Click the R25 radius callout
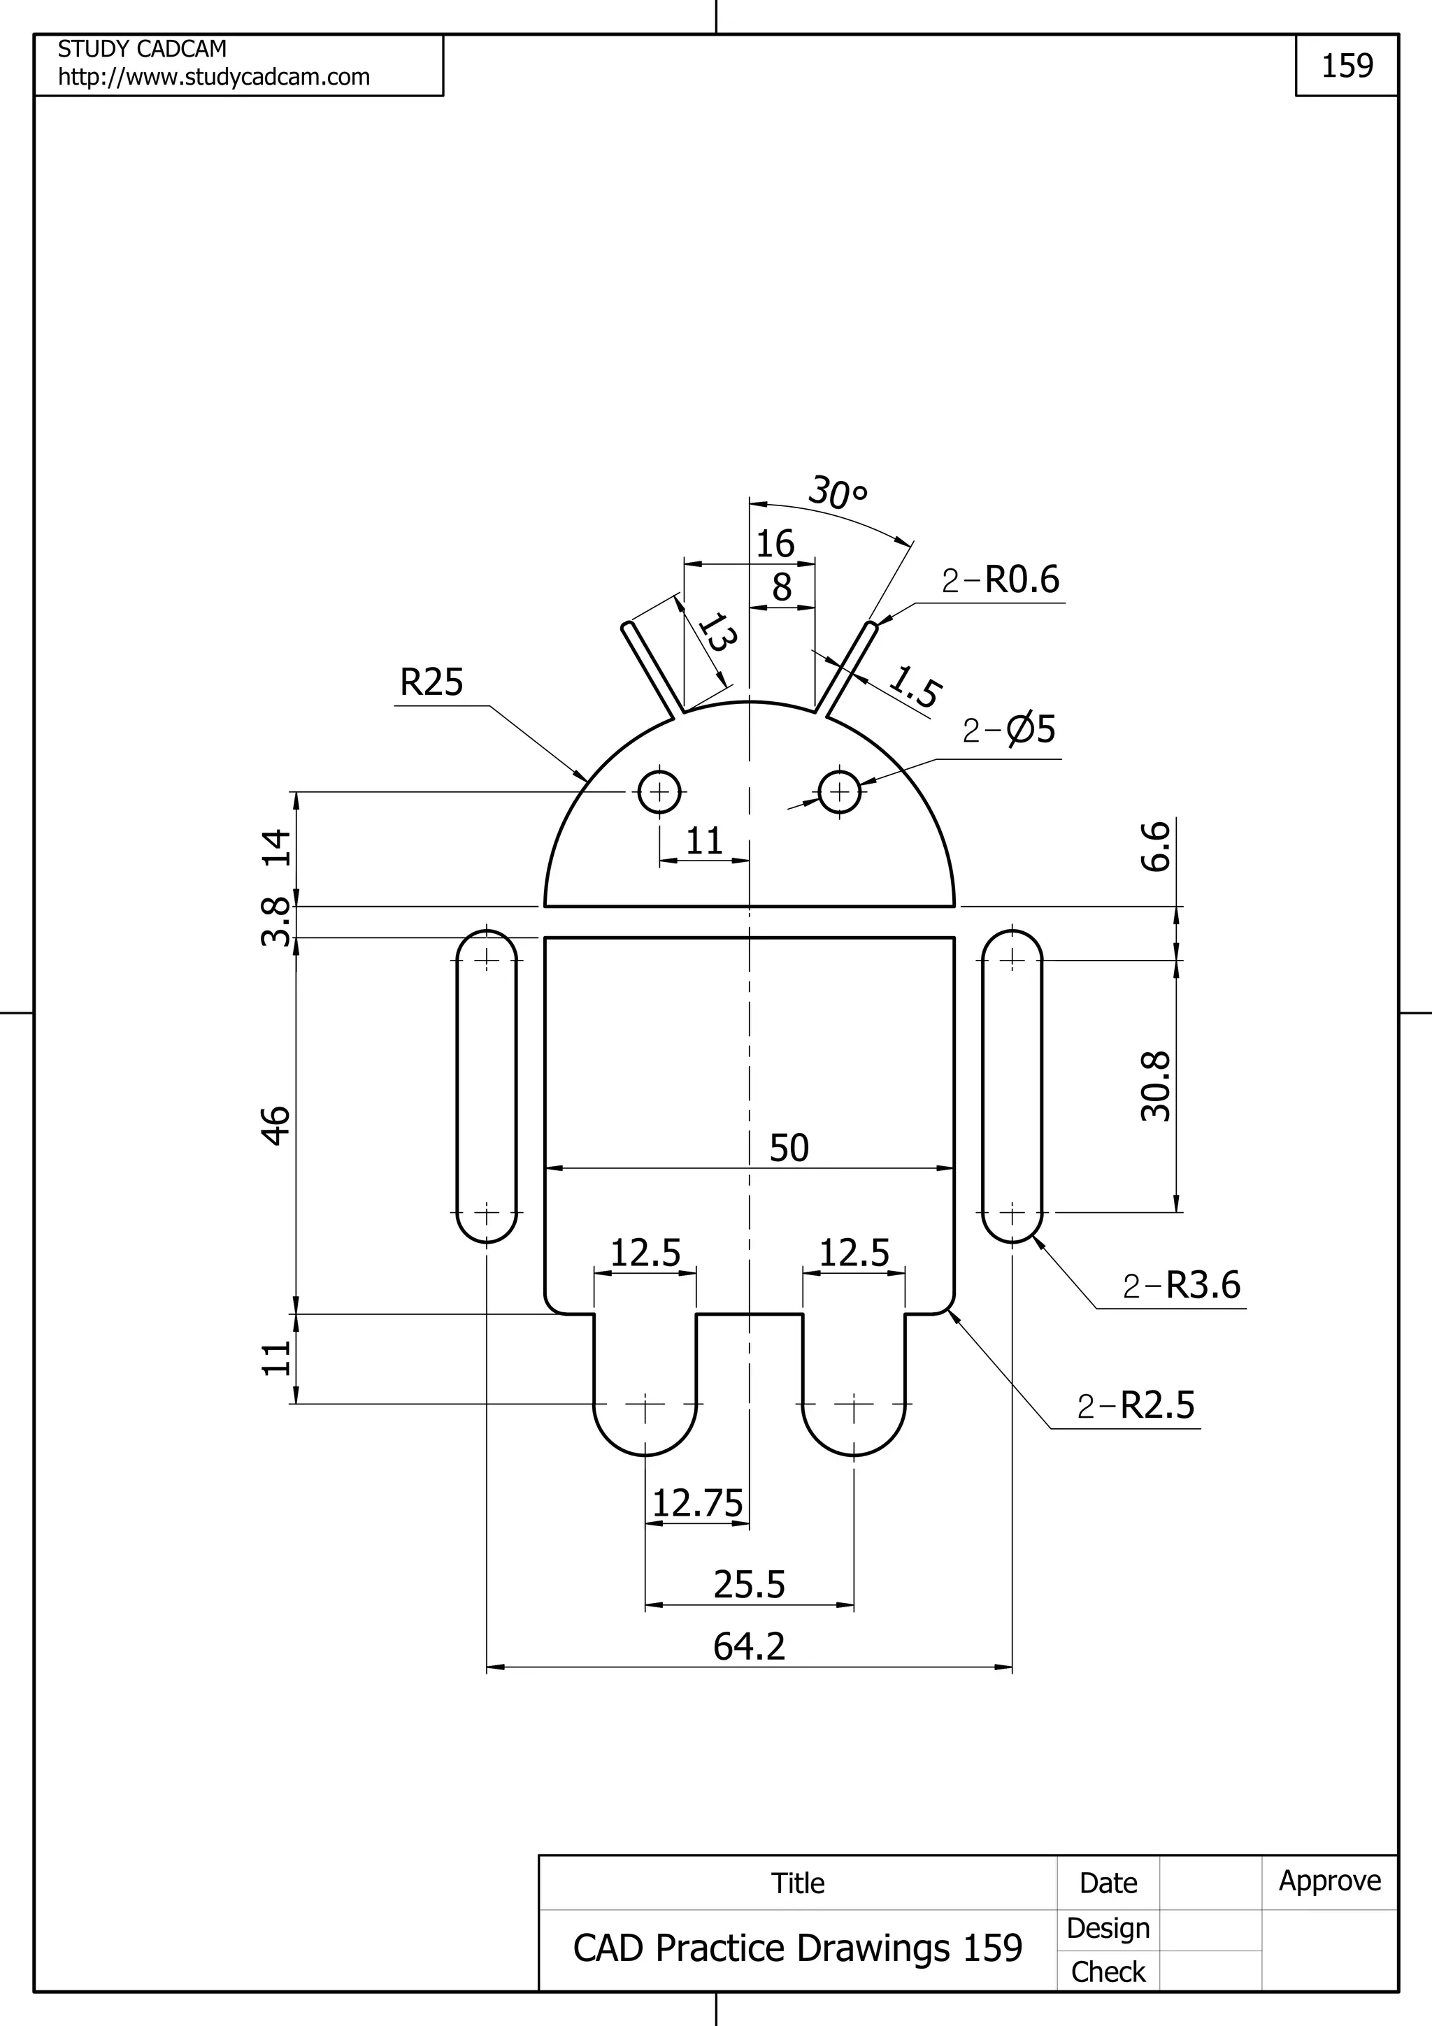click(431, 683)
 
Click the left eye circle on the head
click(659, 791)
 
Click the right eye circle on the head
click(840, 791)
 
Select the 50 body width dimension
click(789, 1148)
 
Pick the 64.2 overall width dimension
click(749, 1646)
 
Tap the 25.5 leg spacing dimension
click(749, 1585)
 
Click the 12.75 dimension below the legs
click(697, 1504)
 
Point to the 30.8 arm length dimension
click(1156, 1086)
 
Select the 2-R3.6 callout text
click(1182, 1285)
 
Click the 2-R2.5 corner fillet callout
click(1136, 1404)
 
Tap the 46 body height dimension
click(277, 1125)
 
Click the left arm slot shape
click(486, 1085)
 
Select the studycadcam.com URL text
click(213, 78)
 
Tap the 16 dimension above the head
click(775, 544)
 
